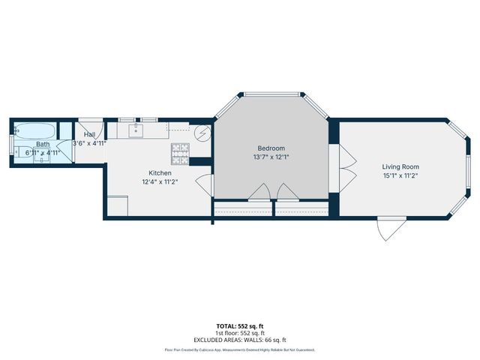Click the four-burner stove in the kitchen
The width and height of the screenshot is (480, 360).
point(180,153)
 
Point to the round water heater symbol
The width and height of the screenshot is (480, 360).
point(201,133)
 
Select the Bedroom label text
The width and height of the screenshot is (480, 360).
point(271,148)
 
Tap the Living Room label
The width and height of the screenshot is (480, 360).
point(400,166)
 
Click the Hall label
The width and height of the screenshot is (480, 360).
point(89,135)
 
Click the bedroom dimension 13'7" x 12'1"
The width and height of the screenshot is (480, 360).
point(271,157)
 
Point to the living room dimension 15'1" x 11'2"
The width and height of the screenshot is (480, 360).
point(400,175)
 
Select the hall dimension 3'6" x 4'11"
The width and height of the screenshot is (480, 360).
point(89,143)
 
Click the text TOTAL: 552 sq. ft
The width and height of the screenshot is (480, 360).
point(239,326)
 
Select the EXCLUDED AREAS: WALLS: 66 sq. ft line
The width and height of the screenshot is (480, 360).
point(239,340)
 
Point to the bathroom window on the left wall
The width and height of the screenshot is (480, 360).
point(11,144)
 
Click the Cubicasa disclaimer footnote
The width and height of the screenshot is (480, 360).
point(239,349)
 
